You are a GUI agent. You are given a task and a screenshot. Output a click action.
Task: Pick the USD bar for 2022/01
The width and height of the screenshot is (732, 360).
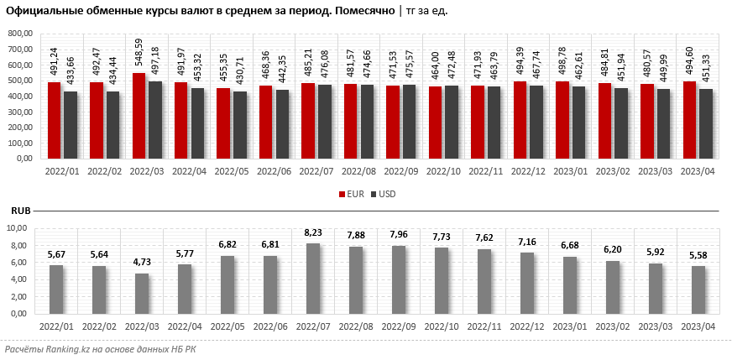pyautogui.click(x=71, y=125)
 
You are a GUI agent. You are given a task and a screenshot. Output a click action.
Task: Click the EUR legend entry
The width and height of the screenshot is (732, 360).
pyautogui.click(x=351, y=194)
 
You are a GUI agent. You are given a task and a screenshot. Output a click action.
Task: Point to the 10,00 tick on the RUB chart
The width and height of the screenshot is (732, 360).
pyautogui.click(x=22, y=229)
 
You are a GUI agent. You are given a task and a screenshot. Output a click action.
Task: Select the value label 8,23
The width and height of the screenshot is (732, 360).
pyautogui.click(x=312, y=235)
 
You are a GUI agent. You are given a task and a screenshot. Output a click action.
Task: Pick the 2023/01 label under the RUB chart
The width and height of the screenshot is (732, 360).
pyautogui.click(x=571, y=326)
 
